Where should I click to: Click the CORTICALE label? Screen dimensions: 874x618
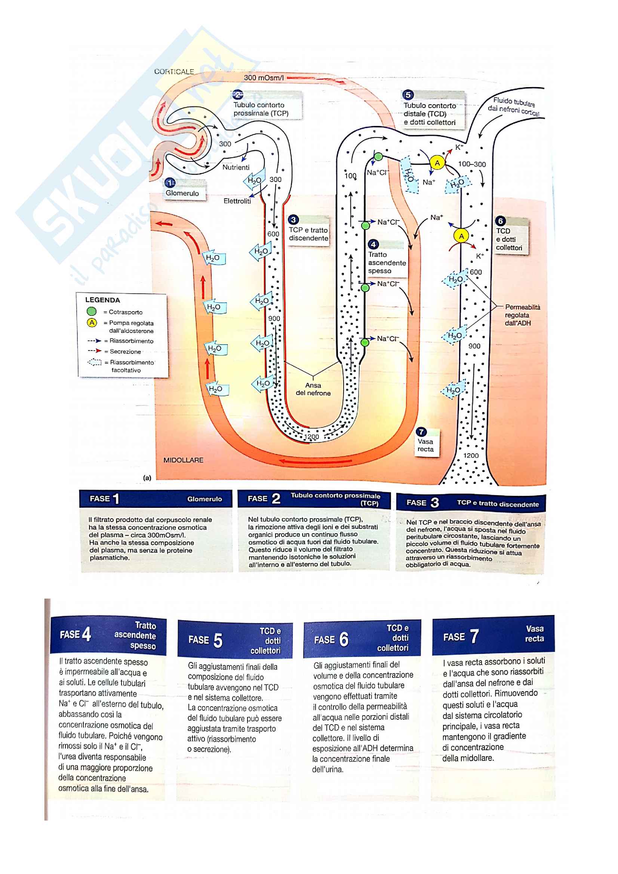[x=174, y=72]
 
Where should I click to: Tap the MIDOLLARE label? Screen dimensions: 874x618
[x=183, y=460]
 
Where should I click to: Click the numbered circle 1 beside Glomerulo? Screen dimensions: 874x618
[x=170, y=183]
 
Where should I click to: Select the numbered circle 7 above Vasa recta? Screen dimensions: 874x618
[x=421, y=432]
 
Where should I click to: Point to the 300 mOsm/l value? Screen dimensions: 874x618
[x=264, y=78]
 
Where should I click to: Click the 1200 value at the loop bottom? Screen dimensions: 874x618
[x=311, y=436]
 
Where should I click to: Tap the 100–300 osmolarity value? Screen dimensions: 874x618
[x=472, y=164]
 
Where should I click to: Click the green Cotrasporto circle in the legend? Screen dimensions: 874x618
[x=91, y=311]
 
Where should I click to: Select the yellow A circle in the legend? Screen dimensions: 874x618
[x=92, y=323]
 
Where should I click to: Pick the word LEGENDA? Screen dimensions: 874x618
[x=102, y=300]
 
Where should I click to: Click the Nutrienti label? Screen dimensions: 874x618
[x=236, y=167]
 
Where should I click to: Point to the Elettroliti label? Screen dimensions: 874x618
[x=237, y=201]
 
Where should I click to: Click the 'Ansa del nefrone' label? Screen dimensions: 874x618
[x=313, y=389]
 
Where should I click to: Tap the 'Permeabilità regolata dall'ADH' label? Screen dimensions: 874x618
[x=522, y=315]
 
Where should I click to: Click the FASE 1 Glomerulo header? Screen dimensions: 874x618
[x=156, y=499]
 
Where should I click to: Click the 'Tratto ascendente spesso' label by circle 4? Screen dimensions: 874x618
[x=387, y=263]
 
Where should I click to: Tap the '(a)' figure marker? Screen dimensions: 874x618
[x=147, y=478]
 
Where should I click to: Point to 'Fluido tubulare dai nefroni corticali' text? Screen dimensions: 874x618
[x=514, y=106]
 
